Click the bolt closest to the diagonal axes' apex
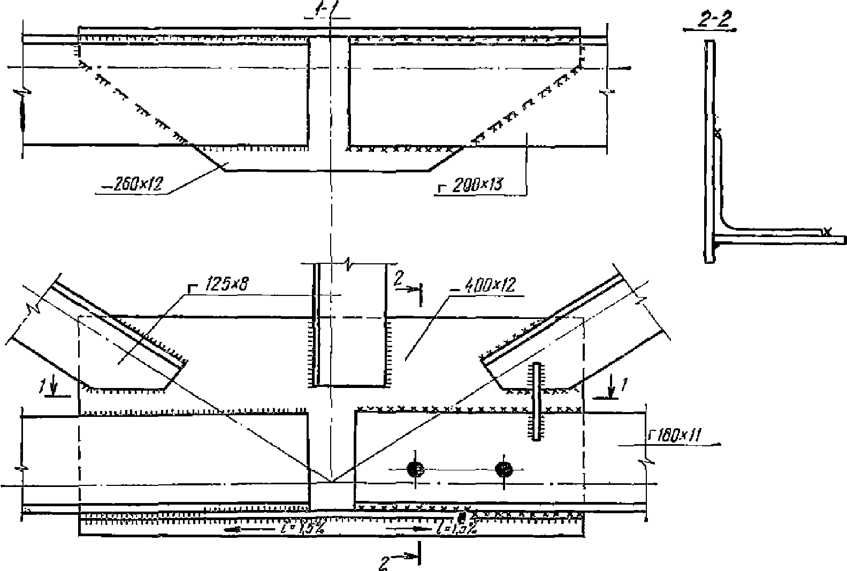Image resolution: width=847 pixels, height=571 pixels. (415, 469)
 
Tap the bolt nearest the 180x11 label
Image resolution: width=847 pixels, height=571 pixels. (503, 469)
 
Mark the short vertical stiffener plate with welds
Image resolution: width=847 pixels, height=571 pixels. (537, 401)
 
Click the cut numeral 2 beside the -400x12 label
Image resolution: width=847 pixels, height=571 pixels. (398, 278)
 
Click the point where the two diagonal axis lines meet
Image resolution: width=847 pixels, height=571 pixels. (332, 481)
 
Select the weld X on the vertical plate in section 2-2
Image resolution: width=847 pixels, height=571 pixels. (718, 131)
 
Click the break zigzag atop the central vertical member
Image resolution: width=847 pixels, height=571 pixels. (349, 263)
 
